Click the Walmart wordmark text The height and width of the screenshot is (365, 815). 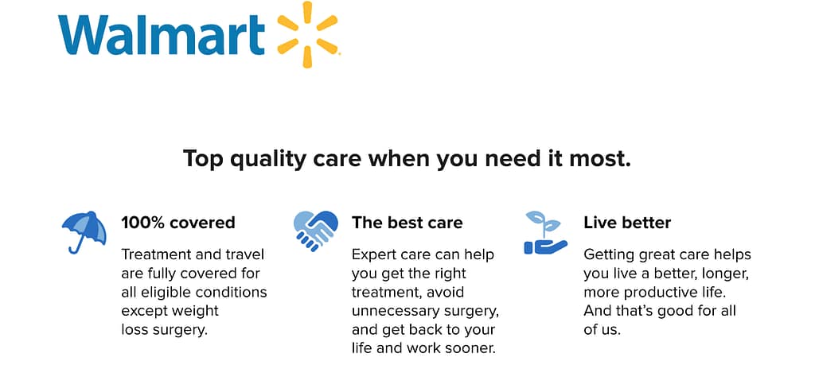pyautogui.click(x=162, y=35)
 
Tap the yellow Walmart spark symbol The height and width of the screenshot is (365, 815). pyautogui.click(x=307, y=34)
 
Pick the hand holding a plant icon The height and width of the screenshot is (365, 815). pyautogui.click(x=545, y=233)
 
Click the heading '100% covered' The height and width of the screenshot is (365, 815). pyautogui.click(x=178, y=223)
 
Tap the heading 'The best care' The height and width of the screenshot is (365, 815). pyautogui.click(x=407, y=223)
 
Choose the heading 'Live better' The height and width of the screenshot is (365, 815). pyautogui.click(x=627, y=223)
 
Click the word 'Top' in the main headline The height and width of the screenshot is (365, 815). pyautogui.click(x=203, y=158)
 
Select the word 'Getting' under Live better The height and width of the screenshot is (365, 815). pyautogui.click(x=609, y=255)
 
